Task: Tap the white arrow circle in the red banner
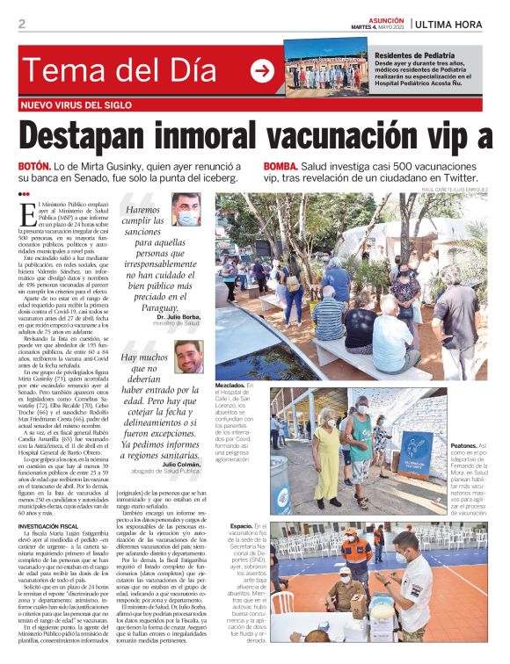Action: [262, 71]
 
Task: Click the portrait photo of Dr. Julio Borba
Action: [187, 211]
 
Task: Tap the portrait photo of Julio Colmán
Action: [187, 357]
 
